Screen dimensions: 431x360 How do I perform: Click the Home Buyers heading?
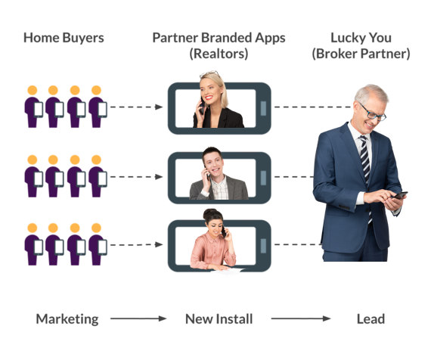(x=64, y=38)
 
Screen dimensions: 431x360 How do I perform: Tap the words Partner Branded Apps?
(x=219, y=38)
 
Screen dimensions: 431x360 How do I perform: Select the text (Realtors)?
(x=219, y=54)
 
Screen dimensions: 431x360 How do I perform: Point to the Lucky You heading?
(x=361, y=38)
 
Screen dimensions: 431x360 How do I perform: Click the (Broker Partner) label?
(x=361, y=54)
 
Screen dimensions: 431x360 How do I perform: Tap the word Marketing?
(x=67, y=319)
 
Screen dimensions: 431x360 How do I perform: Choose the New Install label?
(x=219, y=319)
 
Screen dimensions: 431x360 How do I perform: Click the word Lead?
(x=371, y=319)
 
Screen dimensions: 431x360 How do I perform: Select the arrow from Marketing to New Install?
(x=138, y=318)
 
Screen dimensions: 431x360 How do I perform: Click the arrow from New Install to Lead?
(x=301, y=318)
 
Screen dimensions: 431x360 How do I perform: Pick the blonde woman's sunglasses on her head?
(x=209, y=73)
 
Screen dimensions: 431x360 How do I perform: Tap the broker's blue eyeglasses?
(x=372, y=112)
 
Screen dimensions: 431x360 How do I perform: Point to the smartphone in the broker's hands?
(x=401, y=195)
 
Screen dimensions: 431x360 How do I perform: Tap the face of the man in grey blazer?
(x=213, y=164)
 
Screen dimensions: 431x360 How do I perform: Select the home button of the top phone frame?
(x=263, y=108)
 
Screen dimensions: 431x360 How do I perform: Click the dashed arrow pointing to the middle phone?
(x=137, y=177)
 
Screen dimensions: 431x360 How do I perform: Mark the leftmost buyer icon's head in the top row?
(x=33, y=90)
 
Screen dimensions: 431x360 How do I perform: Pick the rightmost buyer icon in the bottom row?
(x=98, y=244)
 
